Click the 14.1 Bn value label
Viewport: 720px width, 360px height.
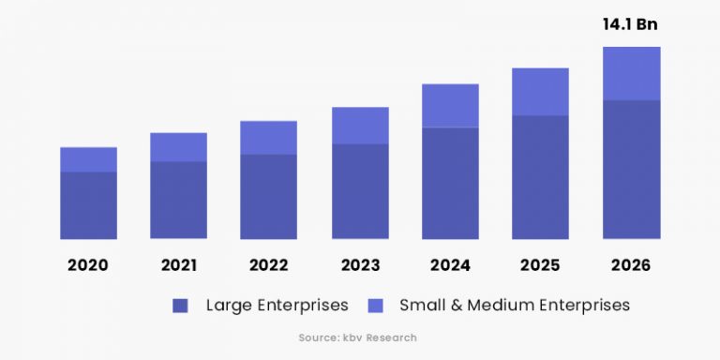point(631,25)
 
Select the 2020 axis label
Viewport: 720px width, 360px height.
point(88,265)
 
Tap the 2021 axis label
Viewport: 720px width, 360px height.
point(178,265)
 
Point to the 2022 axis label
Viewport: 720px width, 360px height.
point(268,265)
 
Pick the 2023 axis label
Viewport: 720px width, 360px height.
point(360,265)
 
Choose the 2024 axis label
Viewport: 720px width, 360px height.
point(450,265)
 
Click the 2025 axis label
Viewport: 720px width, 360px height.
point(540,265)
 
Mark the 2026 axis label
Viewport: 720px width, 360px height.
point(631,265)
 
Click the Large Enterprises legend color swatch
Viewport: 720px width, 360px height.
point(181,306)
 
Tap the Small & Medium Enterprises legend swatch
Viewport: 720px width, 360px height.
point(375,306)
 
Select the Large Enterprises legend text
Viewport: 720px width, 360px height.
point(277,306)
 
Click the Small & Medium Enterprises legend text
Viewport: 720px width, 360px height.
point(515,306)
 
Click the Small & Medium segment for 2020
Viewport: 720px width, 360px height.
point(88,159)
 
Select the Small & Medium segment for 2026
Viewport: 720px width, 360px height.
point(631,73)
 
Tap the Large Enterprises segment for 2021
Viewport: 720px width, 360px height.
point(178,200)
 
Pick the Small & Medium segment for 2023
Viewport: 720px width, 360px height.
point(360,126)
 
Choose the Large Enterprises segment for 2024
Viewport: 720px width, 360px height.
point(450,183)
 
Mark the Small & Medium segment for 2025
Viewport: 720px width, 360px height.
point(540,92)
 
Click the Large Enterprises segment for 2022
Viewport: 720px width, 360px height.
point(268,196)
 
